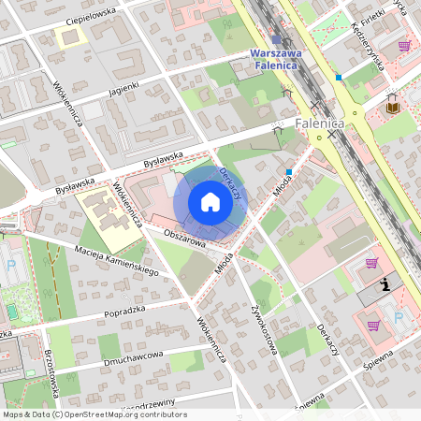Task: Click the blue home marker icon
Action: (x=210, y=202)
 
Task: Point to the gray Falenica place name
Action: (x=320, y=123)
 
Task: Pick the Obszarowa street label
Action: (x=184, y=241)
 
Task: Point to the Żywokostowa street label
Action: (x=265, y=328)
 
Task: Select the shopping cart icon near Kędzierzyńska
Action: (x=404, y=45)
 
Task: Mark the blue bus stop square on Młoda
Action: (x=290, y=172)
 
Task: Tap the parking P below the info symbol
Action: (x=398, y=318)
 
